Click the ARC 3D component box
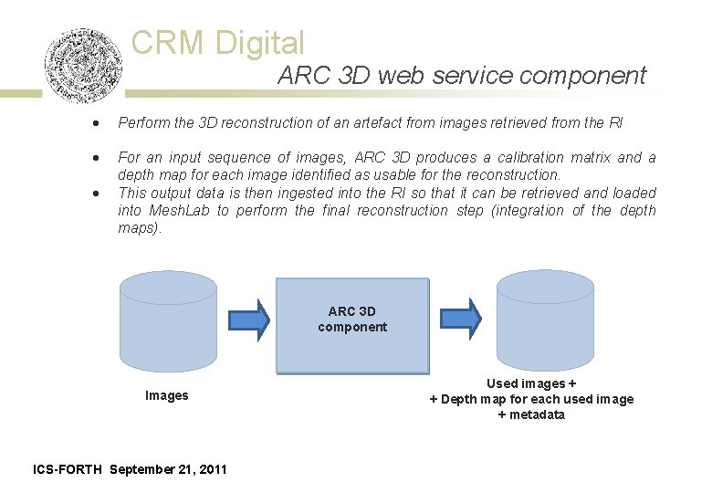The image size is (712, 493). coord(352,325)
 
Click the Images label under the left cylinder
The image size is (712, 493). coord(167,395)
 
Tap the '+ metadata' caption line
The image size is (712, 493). coord(531,414)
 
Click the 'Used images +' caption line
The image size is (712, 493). coord(531,383)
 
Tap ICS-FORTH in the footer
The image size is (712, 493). coord(68,469)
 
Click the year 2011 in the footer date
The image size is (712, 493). coord(213,469)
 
